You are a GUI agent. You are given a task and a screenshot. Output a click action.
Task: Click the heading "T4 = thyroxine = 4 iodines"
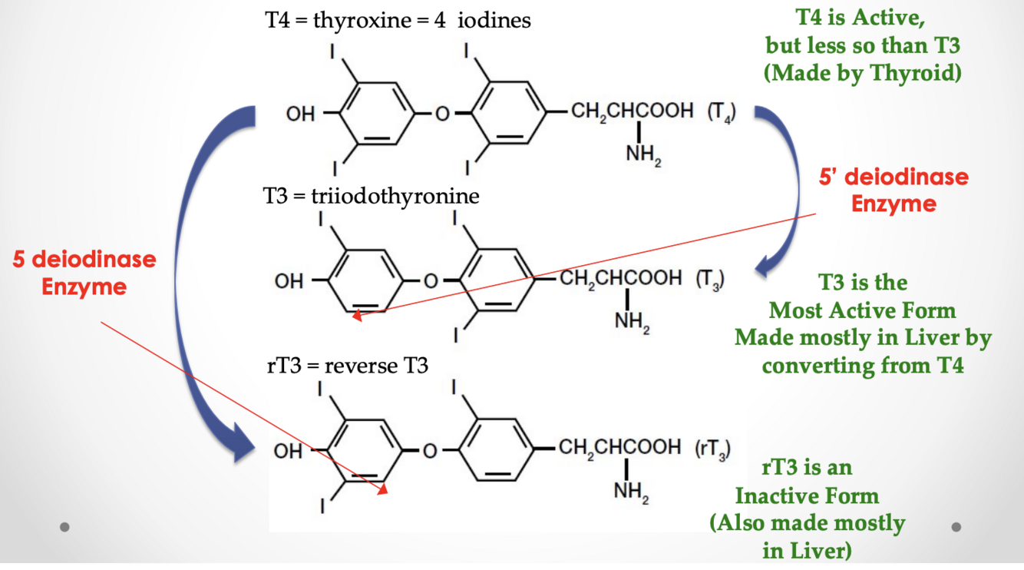tap(398, 20)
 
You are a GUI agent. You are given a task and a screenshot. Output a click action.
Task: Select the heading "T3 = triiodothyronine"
tap(372, 196)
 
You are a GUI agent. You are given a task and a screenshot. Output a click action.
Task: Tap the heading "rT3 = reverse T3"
tap(348, 365)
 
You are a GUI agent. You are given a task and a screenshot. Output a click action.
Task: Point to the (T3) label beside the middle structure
tap(710, 280)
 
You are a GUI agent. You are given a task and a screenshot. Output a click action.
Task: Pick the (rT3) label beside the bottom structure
tap(712, 449)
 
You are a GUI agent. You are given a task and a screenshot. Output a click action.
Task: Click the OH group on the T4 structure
tap(300, 114)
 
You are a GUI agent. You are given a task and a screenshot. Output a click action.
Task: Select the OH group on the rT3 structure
tap(289, 451)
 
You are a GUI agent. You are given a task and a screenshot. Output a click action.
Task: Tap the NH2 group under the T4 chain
tap(642, 154)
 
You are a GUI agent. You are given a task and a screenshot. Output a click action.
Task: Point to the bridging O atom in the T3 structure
tap(431, 281)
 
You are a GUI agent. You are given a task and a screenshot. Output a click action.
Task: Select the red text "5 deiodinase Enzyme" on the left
tap(84, 273)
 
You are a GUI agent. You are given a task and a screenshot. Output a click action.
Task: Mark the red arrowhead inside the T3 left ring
tap(357, 313)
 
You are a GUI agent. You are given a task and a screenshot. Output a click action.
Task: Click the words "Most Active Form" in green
tap(863, 310)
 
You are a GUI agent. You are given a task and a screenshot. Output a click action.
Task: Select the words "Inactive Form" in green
tap(807, 495)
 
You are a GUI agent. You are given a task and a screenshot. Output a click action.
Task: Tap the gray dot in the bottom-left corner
tap(65, 527)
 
